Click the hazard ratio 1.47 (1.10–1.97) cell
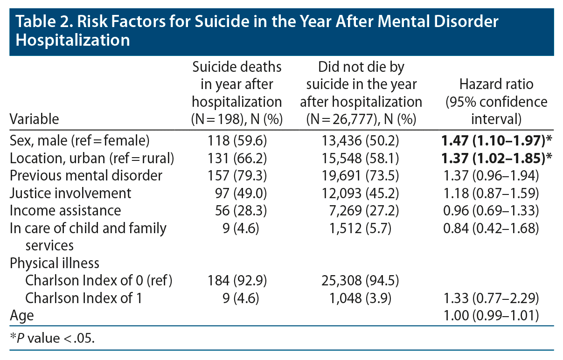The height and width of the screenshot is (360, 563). (x=496, y=140)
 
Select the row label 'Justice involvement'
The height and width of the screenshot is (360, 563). (x=70, y=193)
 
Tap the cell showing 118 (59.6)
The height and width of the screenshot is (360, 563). (x=236, y=140)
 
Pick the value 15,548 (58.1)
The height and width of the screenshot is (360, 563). (x=361, y=158)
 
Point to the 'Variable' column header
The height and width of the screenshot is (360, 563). (x=35, y=119)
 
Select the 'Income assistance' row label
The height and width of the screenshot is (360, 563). (x=65, y=210)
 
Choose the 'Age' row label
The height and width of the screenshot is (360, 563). (x=22, y=316)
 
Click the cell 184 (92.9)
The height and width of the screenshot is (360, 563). (x=236, y=281)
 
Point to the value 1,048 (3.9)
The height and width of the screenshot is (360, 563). (x=361, y=298)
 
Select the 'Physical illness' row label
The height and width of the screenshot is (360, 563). (x=55, y=263)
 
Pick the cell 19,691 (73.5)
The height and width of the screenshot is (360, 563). (x=361, y=175)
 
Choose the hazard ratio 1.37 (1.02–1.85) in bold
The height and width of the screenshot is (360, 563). (x=496, y=158)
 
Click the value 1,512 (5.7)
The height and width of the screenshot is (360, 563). (x=361, y=228)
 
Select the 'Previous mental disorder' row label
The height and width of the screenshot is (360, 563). (x=86, y=175)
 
